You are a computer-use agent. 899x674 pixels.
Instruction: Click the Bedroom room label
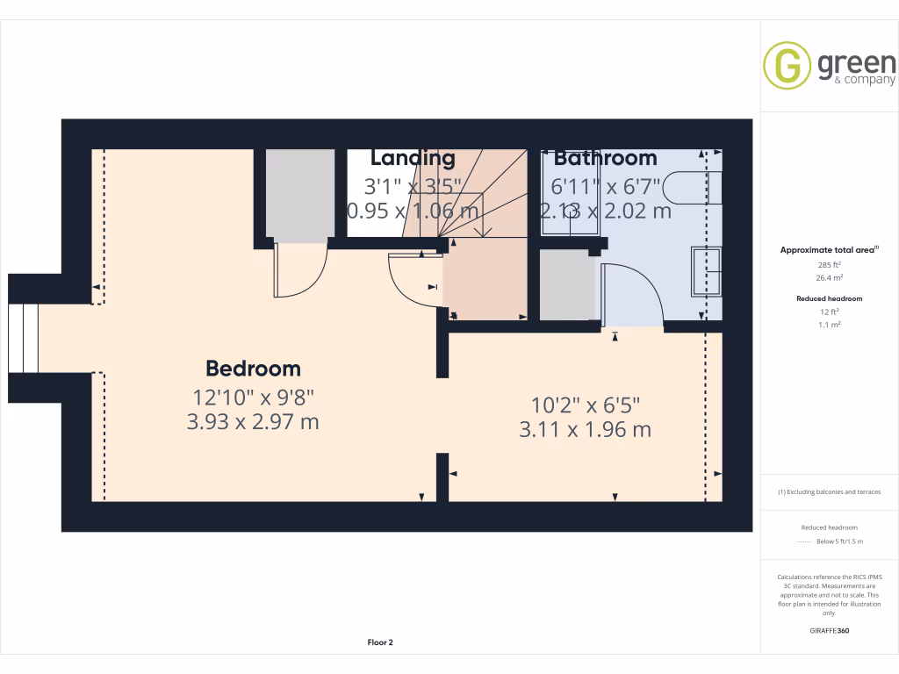pyautogui.click(x=253, y=369)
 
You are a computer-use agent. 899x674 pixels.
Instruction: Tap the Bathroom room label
pyautogui.click(x=605, y=158)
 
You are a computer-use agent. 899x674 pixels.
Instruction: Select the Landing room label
pyautogui.click(x=413, y=158)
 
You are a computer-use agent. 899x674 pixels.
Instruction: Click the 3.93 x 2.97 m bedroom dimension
pyautogui.click(x=253, y=422)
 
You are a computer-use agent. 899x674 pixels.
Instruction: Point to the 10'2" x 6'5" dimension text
pyautogui.click(x=586, y=405)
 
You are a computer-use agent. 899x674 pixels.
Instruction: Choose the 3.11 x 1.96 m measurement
pyautogui.click(x=586, y=430)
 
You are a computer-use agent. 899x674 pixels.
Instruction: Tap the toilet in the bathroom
pyautogui.click(x=694, y=187)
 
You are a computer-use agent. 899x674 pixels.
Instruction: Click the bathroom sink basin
pyautogui.click(x=707, y=271)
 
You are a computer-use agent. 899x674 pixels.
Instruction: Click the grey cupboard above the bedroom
pyautogui.click(x=299, y=194)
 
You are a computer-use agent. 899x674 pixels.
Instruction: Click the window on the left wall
pyautogui.click(x=24, y=338)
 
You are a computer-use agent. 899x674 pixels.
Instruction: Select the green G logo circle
pyautogui.click(x=787, y=65)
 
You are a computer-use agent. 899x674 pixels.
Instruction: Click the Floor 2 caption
pyautogui.click(x=380, y=642)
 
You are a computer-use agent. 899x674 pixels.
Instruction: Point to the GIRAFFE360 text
pyautogui.click(x=829, y=630)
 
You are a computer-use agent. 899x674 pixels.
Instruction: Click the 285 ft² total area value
pyautogui.click(x=830, y=264)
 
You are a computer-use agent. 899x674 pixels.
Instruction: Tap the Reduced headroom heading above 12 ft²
pyautogui.click(x=830, y=298)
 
